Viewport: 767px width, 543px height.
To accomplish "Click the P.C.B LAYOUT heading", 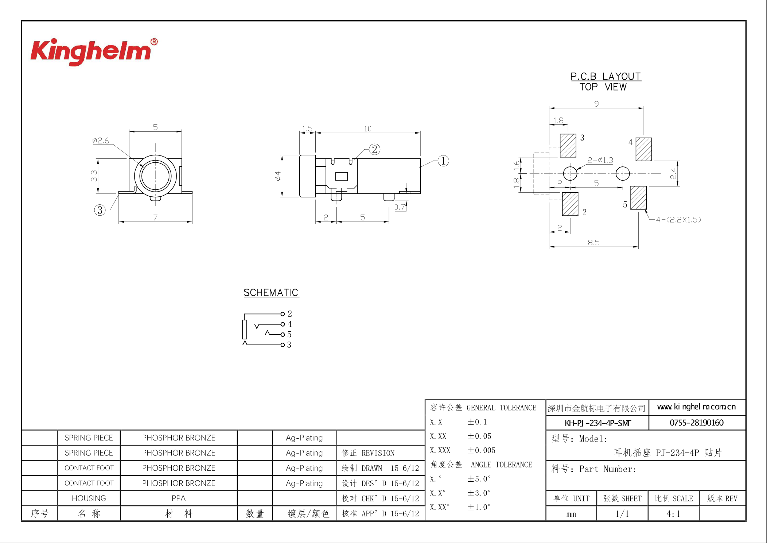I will pyautogui.click(x=606, y=77).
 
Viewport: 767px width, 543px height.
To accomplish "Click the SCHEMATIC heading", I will pyautogui.click(x=271, y=293).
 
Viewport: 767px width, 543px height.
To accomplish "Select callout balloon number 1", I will pyautogui.click(x=443, y=161).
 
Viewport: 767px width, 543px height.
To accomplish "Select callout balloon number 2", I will pyautogui.click(x=374, y=149).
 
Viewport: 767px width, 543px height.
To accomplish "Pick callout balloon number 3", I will pyautogui.click(x=100, y=210).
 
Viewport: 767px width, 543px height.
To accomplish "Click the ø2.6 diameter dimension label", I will pyautogui.click(x=101, y=140).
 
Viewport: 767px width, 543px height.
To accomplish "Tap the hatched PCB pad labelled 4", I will pyautogui.click(x=643, y=149).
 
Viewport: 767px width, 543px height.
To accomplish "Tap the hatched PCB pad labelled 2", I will pyautogui.click(x=570, y=204).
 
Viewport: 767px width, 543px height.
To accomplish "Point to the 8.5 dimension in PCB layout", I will pyautogui.click(x=593, y=242).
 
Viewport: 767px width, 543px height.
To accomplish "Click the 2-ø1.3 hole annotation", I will pyautogui.click(x=600, y=160).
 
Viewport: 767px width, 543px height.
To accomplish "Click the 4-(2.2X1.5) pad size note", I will pyautogui.click(x=678, y=220).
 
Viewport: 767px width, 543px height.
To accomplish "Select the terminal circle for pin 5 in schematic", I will pyautogui.click(x=283, y=334).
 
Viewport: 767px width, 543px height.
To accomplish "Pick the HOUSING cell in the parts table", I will pyautogui.click(x=89, y=498).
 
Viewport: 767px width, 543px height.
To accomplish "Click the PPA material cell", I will pyautogui.click(x=178, y=498).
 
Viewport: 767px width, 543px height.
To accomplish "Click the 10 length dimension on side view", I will pyautogui.click(x=367, y=129).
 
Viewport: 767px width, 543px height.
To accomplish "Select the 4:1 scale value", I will pyautogui.click(x=673, y=514).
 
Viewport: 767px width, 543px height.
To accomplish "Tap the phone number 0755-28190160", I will pyautogui.click(x=696, y=423).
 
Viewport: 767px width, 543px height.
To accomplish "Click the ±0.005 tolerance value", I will pyautogui.click(x=481, y=450).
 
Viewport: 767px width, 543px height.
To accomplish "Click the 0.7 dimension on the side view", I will pyautogui.click(x=400, y=207).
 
